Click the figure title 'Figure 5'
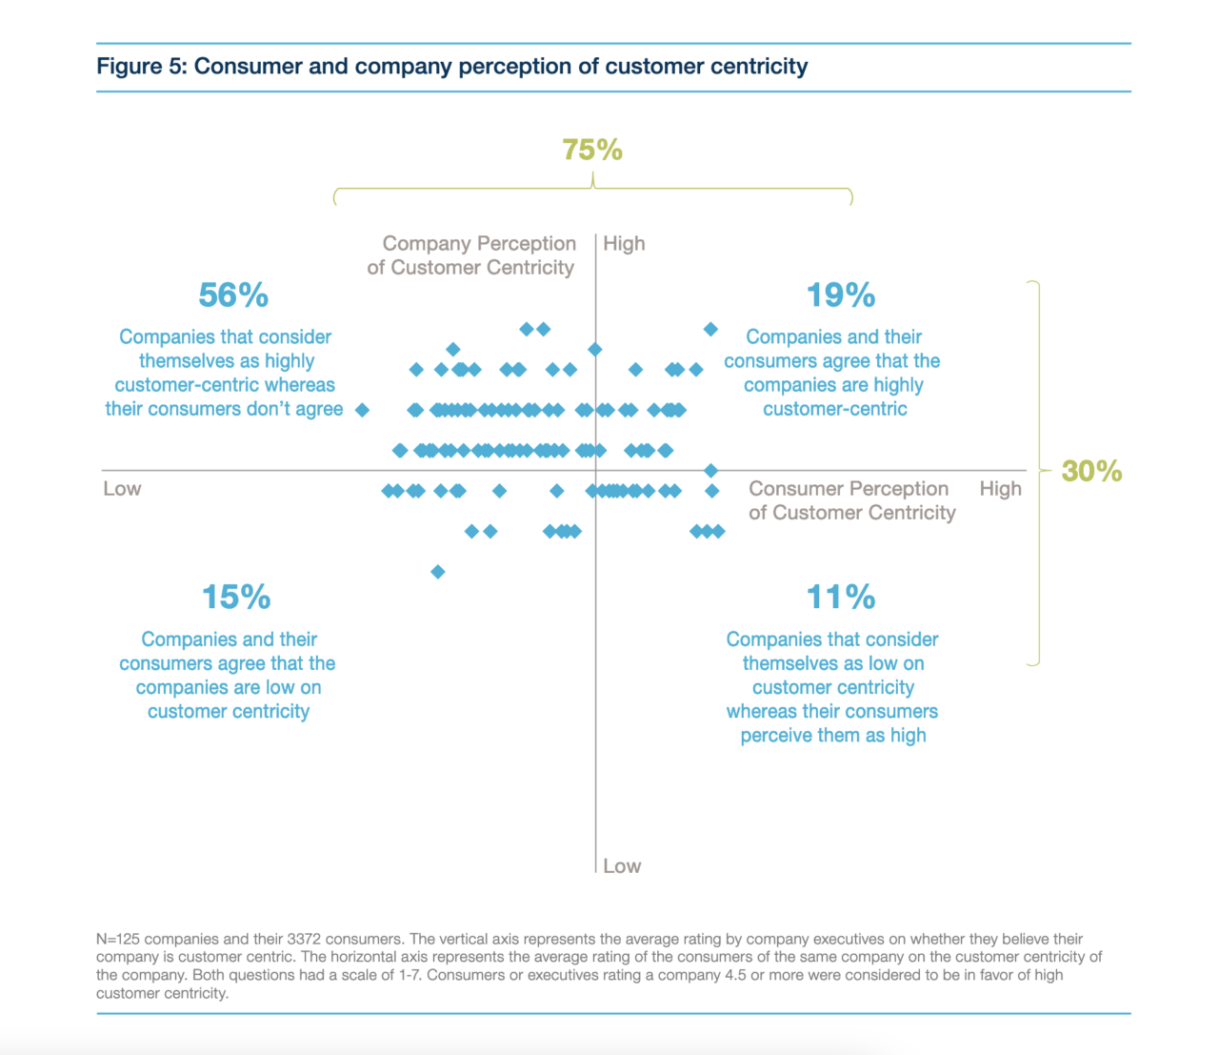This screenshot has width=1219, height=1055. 143,67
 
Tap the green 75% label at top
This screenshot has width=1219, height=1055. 591,150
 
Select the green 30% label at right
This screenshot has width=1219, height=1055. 1091,471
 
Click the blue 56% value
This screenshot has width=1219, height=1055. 233,295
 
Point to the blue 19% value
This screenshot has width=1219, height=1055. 840,295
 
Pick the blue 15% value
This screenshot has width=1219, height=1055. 236,598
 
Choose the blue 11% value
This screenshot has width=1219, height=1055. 840,598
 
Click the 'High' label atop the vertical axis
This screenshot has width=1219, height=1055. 624,244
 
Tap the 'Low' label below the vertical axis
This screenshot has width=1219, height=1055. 622,866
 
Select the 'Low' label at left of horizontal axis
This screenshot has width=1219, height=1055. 122,489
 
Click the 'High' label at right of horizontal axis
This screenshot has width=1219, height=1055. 1000,489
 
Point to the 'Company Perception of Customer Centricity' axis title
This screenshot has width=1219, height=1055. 472,255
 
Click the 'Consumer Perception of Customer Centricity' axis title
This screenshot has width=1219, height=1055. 851,500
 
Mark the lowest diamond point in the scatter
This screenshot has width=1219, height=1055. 438,572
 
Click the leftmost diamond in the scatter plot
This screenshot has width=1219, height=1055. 362,410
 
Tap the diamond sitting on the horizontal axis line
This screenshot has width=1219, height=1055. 710,471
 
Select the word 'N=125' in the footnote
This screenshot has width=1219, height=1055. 118,939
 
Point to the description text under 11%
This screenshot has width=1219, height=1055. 832,687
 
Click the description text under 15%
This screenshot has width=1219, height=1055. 228,676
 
